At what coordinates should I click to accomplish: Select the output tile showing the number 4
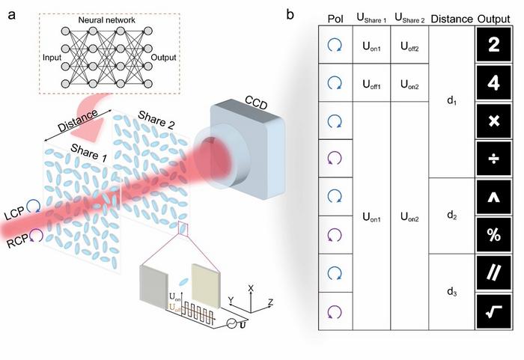[493, 84]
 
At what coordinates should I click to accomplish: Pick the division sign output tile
[493, 159]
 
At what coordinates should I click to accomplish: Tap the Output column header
[493, 17]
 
